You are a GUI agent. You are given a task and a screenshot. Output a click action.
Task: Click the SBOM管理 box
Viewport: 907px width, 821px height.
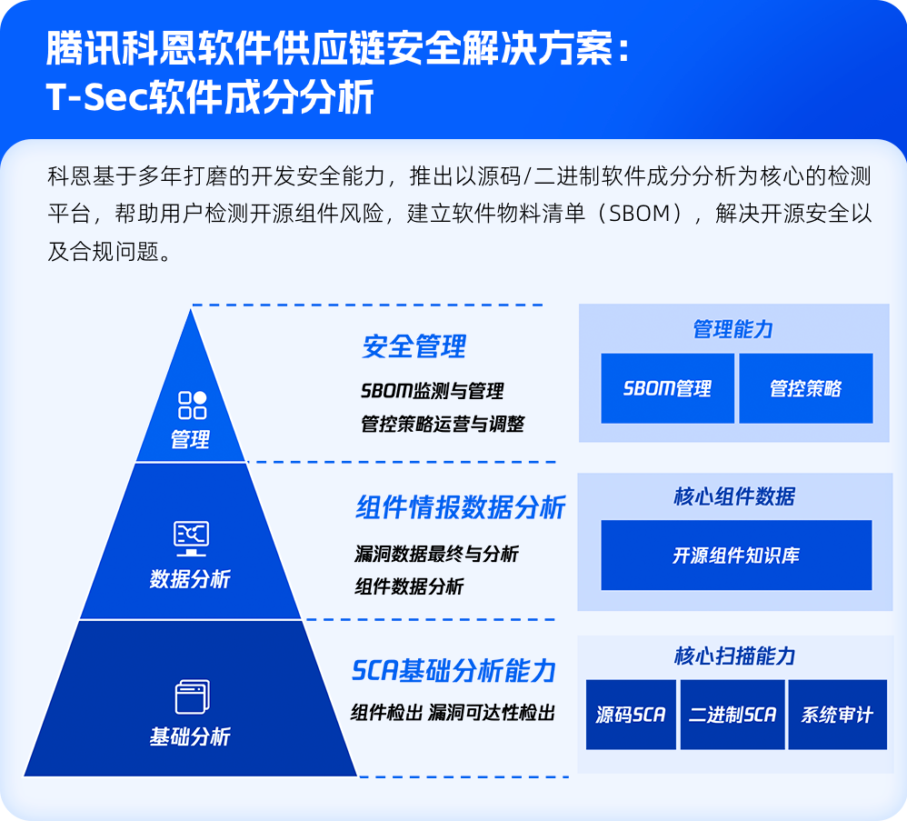coord(667,388)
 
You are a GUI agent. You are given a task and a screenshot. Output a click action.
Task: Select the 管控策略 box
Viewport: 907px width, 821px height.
coord(805,388)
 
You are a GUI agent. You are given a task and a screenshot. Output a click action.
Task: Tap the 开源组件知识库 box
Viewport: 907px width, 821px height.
coord(735,555)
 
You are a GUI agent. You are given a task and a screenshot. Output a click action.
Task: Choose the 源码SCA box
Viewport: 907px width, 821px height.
coord(631,715)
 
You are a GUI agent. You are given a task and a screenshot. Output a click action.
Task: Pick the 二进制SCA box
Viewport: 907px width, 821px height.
coord(732,715)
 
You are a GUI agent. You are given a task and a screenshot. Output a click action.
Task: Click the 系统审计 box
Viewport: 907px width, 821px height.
coord(836,715)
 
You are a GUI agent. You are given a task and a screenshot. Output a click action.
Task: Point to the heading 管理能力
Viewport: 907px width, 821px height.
coord(733,329)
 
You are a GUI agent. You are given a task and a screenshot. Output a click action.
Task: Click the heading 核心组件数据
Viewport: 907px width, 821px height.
coord(734,496)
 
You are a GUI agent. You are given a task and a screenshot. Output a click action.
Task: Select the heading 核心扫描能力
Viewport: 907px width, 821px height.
coord(734,656)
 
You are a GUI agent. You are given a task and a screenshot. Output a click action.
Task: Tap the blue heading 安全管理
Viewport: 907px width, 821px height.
coord(414,346)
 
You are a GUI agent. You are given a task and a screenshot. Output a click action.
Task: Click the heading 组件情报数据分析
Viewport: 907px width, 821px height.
coord(460,507)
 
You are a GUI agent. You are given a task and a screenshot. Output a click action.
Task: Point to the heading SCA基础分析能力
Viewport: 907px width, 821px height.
coord(453,671)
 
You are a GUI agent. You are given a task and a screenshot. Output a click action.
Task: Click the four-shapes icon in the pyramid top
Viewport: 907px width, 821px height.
coord(192,405)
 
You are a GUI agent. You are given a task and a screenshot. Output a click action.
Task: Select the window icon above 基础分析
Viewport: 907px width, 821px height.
coord(192,697)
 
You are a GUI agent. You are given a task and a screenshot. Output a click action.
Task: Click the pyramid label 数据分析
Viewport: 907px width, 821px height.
coord(190,579)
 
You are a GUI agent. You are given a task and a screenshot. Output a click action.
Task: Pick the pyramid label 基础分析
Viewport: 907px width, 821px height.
coord(190,736)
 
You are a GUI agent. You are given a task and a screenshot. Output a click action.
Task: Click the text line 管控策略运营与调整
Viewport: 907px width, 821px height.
coord(442,424)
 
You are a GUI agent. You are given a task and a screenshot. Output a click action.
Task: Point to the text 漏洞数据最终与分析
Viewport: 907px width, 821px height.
coord(436,554)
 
